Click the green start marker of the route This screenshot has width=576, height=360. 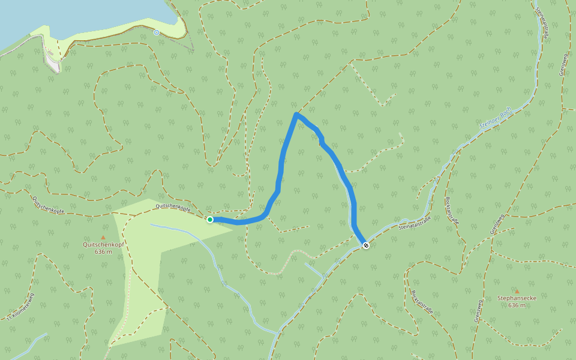210,220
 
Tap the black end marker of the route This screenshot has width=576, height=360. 366,245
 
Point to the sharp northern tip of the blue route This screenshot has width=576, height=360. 296,113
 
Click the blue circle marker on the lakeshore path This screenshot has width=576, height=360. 157,32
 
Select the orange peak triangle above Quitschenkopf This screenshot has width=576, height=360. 103,238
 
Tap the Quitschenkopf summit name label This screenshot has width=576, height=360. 103,244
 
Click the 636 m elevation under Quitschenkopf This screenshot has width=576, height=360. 103,251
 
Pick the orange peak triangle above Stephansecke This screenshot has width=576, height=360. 517,291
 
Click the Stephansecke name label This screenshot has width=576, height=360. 517,298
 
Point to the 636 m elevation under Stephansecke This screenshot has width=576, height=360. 517,305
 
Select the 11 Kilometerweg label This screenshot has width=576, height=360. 22,306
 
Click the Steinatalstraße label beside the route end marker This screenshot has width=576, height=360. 415,223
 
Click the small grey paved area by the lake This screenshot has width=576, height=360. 54,65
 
